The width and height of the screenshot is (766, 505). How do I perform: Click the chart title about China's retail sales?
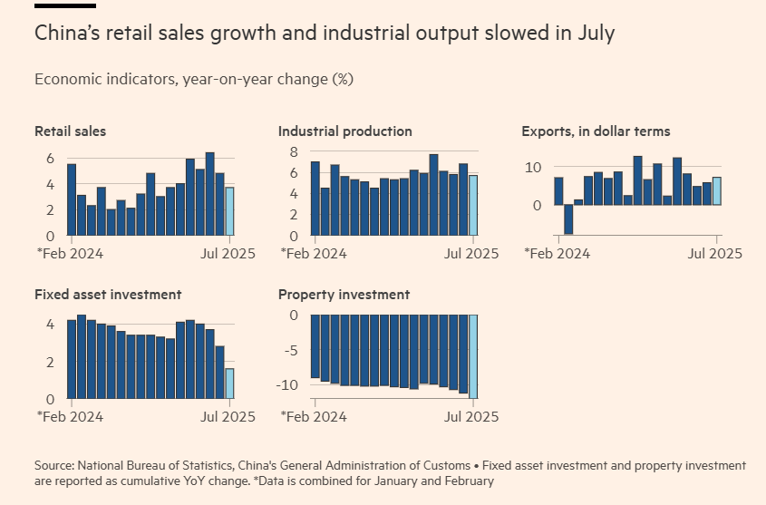[x=325, y=34]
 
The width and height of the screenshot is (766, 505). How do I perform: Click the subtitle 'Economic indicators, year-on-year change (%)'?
[x=193, y=79]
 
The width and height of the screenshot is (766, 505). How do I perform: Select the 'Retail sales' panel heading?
[x=70, y=131]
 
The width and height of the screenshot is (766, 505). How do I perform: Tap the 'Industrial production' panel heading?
[x=344, y=131]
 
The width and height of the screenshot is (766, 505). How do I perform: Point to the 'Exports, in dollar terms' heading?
[x=596, y=131]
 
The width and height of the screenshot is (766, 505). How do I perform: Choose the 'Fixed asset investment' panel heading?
[x=108, y=295]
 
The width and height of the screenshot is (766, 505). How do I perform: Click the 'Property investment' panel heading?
[x=344, y=295]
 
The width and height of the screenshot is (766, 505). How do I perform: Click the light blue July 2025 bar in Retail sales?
[x=229, y=211]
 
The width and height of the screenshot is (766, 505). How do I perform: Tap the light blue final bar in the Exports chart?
[x=716, y=190]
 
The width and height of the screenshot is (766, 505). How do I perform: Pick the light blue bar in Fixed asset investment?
[x=229, y=384]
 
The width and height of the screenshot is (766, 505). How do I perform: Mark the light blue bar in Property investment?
[x=472, y=356]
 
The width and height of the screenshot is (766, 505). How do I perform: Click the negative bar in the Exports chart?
[x=568, y=219]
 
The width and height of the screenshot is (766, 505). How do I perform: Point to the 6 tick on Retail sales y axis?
[x=49, y=159]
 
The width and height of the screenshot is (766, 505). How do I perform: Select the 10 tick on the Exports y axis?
[x=534, y=168]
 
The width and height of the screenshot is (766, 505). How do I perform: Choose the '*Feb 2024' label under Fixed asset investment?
[x=70, y=417]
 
